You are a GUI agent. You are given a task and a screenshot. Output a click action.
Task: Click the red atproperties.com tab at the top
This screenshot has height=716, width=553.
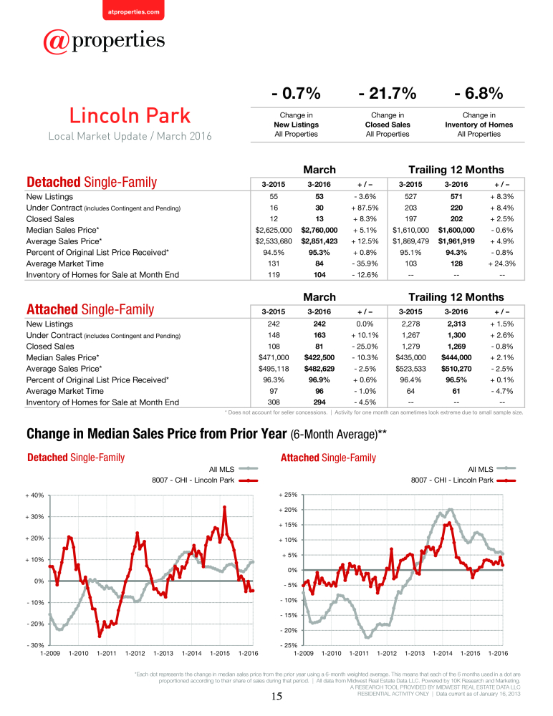[x=133, y=10]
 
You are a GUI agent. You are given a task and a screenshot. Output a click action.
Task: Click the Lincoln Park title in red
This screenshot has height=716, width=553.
[x=130, y=115]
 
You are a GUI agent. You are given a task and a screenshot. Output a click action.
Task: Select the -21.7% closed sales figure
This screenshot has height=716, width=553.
[x=388, y=93]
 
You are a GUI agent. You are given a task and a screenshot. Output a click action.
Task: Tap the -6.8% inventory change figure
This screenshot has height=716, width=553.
[x=479, y=93]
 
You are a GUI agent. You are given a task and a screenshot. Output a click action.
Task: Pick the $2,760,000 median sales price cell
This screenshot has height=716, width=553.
[x=319, y=230]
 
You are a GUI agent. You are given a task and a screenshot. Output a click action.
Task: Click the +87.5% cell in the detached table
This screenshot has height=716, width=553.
[x=365, y=208]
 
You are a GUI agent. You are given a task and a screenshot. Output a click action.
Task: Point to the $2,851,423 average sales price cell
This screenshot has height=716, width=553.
[x=319, y=241]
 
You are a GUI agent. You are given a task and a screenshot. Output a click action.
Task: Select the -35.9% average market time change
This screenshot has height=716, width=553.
[x=365, y=263]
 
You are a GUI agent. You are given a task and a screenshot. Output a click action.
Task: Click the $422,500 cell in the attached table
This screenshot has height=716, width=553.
[x=319, y=357]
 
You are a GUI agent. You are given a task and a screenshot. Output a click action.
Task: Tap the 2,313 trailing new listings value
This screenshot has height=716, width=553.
[x=456, y=324]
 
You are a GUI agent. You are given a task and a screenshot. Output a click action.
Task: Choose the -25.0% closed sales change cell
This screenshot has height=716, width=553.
[x=365, y=346]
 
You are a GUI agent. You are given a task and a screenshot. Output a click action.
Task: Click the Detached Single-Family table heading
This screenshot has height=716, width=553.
[x=92, y=182]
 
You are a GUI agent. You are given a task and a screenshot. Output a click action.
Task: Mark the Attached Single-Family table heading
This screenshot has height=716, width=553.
[x=90, y=309]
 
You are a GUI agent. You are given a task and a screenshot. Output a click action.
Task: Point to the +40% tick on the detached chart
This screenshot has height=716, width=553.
[x=34, y=495]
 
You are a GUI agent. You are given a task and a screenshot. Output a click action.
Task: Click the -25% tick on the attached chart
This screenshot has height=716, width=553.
[x=289, y=645]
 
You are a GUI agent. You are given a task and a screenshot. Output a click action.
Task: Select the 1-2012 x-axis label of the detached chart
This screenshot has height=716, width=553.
[x=135, y=654]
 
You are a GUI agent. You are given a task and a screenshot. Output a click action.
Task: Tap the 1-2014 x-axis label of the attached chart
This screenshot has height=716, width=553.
[x=443, y=654]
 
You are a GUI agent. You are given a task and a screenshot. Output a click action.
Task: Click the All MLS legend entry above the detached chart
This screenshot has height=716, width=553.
[x=234, y=469]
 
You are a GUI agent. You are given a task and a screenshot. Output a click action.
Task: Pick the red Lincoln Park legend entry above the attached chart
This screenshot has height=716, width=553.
[x=463, y=480]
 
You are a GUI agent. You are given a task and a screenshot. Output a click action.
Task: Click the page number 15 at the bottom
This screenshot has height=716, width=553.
[x=277, y=696]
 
